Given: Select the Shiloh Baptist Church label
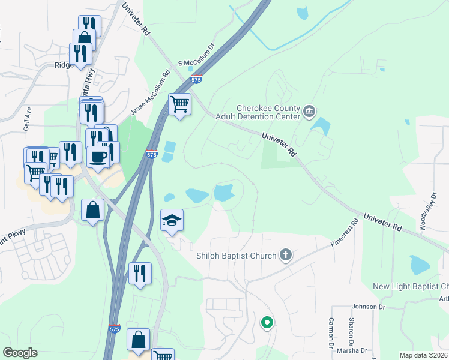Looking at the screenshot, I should coord(237,256).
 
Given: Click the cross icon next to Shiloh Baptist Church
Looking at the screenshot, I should coord(286,255).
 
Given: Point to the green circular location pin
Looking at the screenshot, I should coord(267,323).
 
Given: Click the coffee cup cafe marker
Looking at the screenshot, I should coord(98,157).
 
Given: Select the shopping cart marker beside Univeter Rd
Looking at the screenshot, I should coord(179,104).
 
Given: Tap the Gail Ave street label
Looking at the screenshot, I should coord(27,124).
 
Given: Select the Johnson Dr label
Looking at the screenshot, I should coord(369,307).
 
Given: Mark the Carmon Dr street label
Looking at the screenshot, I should coord(331,332).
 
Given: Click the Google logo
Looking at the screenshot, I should coord(21,353).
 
